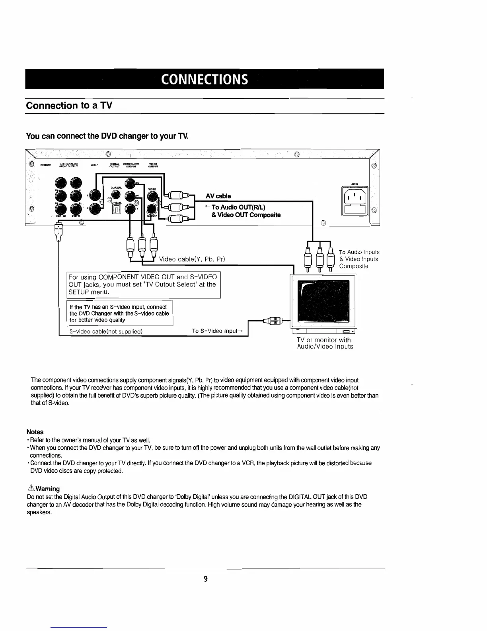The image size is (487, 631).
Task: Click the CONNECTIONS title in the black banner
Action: [205, 79]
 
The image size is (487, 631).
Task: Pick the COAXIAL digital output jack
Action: [115, 194]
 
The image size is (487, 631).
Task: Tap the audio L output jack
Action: [95, 194]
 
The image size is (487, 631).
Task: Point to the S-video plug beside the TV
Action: [274, 320]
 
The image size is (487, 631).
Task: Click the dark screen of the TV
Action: [325, 301]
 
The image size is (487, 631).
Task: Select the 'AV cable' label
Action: [218, 196]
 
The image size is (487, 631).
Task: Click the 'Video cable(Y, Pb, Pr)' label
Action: [192, 259]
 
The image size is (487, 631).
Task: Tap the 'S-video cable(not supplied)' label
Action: [106, 331]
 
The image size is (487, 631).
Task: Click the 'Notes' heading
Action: [35, 432]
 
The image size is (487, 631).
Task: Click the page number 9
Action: [205, 579]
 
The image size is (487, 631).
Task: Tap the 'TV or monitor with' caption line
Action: [323, 340]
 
